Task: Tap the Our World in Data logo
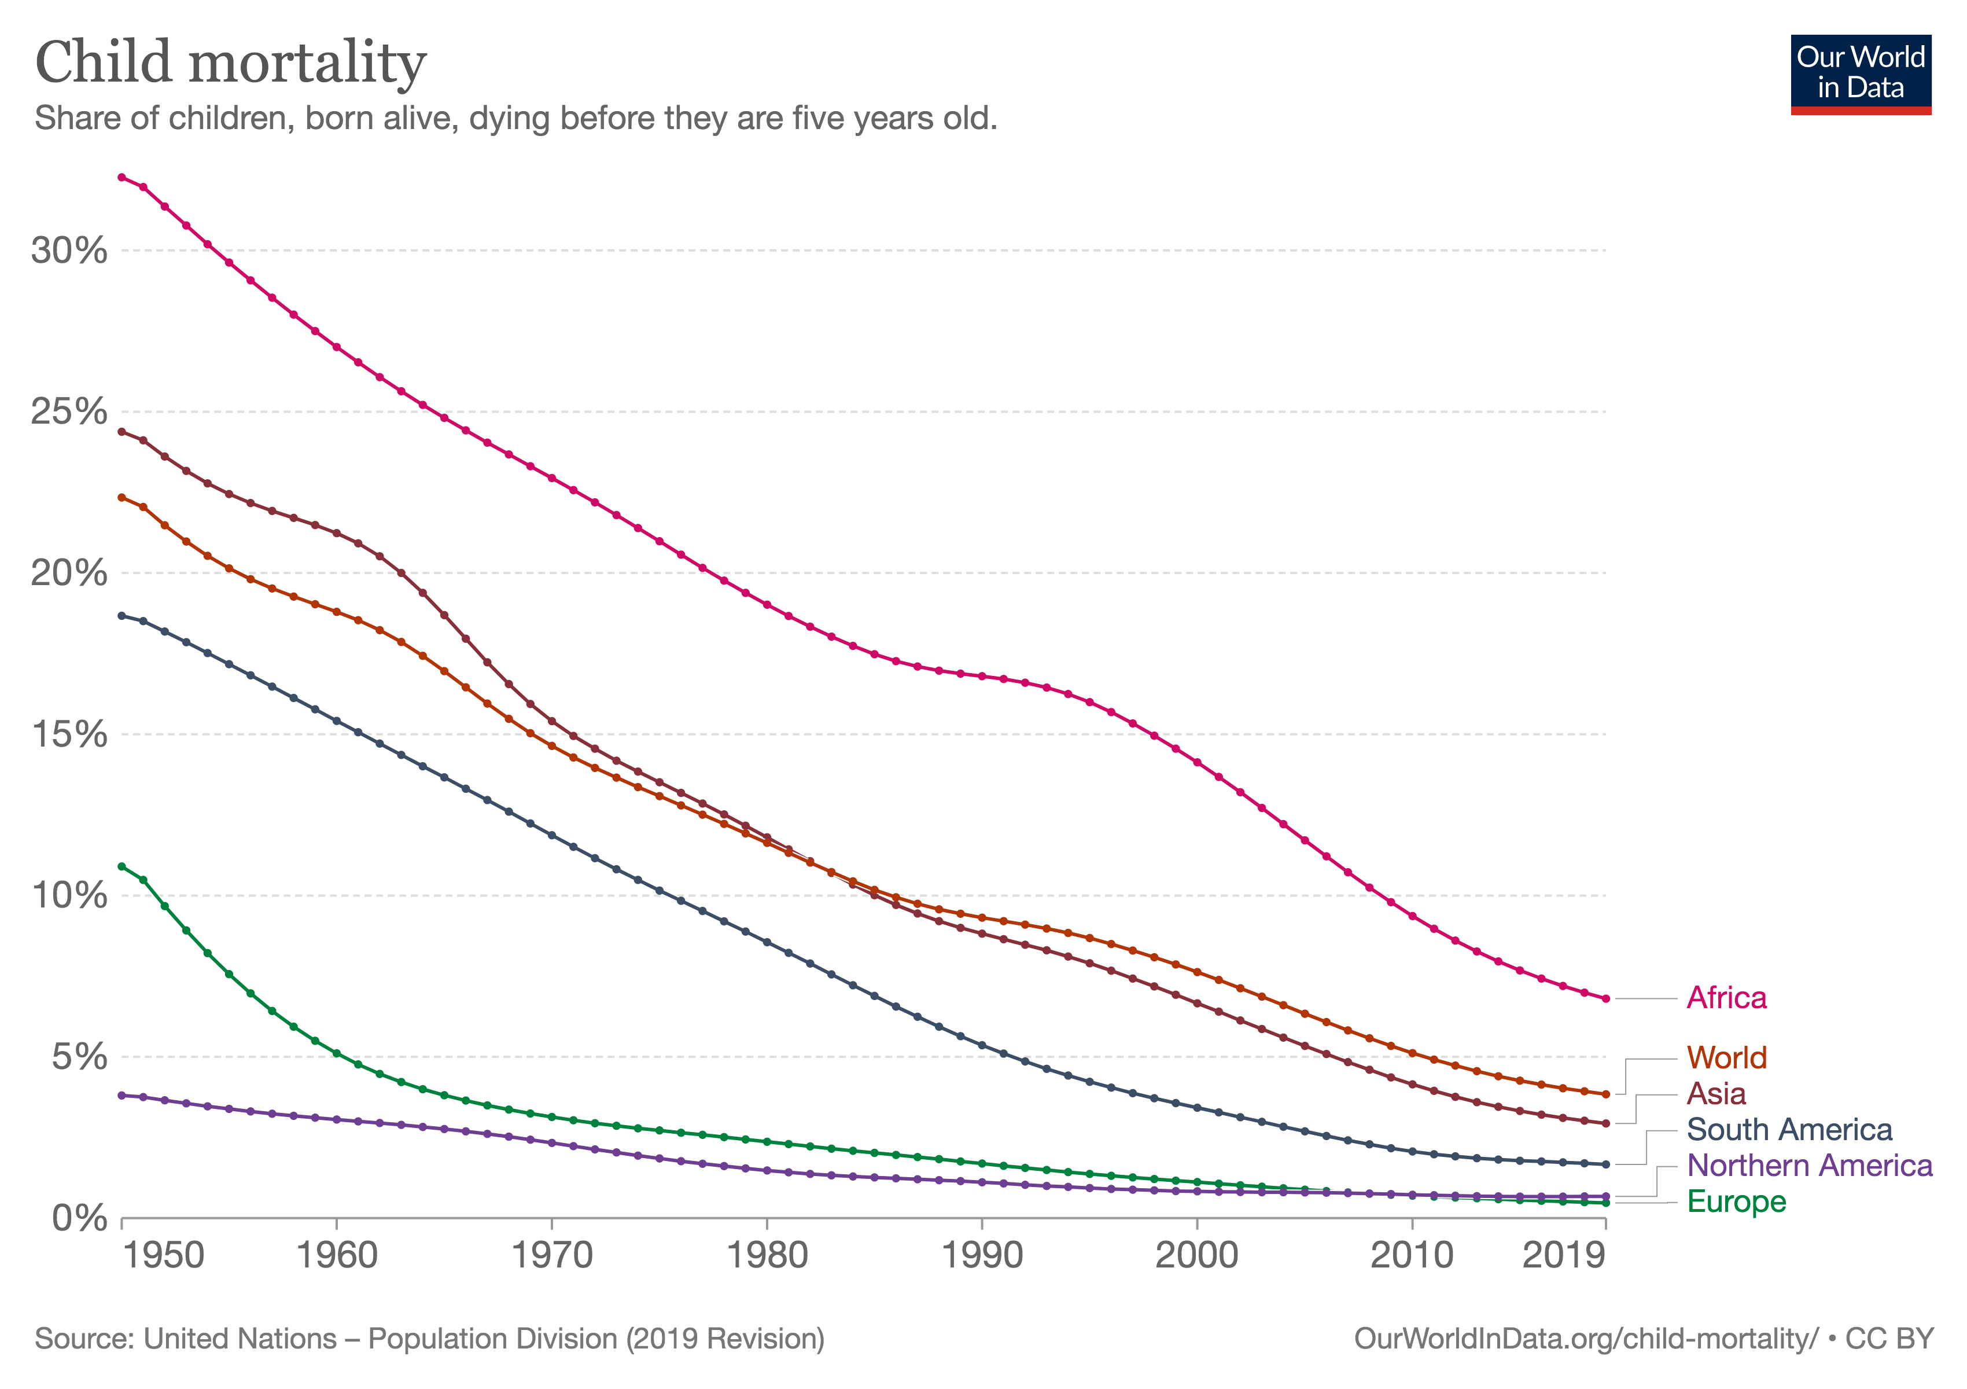(x=1860, y=74)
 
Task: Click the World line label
(x=1726, y=1059)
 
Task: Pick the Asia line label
(x=1715, y=1094)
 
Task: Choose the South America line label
(x=1789, y=1130)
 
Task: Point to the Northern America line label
(x=1810, y=1166)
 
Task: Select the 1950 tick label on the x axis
(x=164, y=1256)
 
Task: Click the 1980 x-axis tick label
(x=767, y=1256)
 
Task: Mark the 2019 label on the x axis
(x=1563, y=1256)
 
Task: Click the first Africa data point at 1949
(x=121, y=177)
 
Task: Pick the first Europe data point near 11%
(x=121, y=866)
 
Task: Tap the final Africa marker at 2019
(x=1605, y=999)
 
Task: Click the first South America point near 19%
(x=121, y=615)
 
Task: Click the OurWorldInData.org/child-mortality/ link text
(x=1586, y=1339)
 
